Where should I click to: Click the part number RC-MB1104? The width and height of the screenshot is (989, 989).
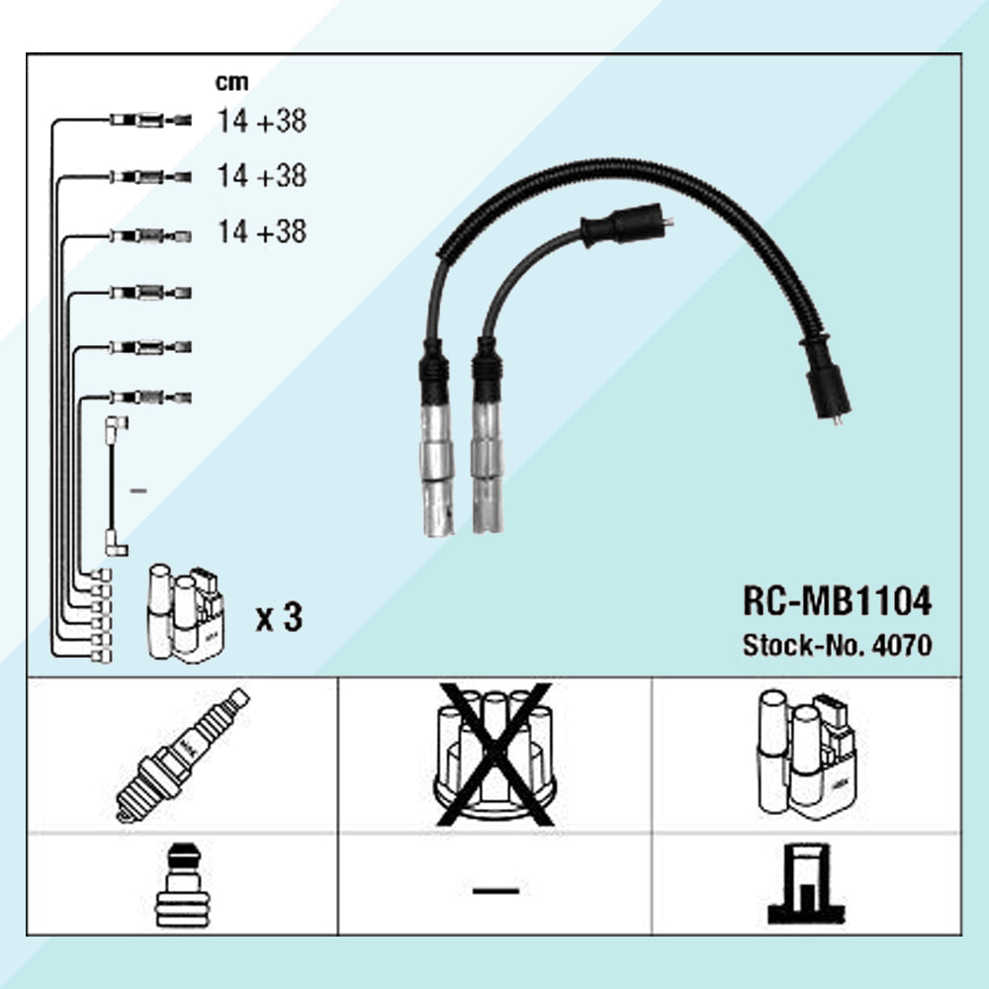pyautogui.click(x=837, y=600)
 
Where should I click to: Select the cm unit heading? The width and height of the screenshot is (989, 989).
pyautogui.click(x=231, y=82)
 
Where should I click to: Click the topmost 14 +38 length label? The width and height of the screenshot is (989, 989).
pyautogui.click(x=262, y=121)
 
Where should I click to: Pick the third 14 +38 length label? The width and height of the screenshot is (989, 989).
pyautogui.click(x=262, y=231)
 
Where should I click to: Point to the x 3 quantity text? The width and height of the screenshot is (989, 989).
pyautogui.click(x=280, y=617)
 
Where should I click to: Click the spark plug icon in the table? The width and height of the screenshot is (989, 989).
pyautogui.click(x=182, y=756)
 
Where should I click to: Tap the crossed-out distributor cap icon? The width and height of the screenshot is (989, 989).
pyautogui.click(x=495, y=755)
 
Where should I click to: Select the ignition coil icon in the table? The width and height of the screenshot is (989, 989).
pyautogui.click(x=807, y=755)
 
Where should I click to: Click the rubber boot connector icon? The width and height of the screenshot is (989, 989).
pyautogui.click(x=182, y=884)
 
